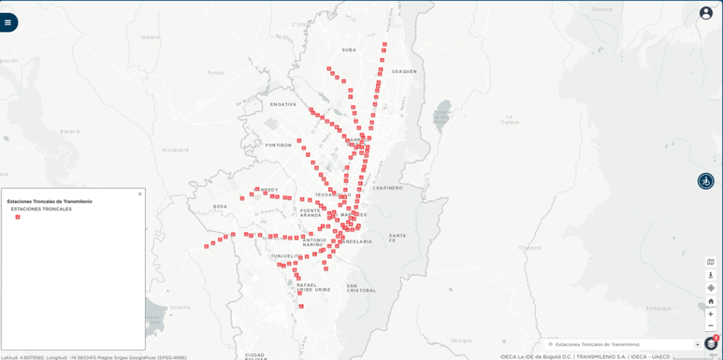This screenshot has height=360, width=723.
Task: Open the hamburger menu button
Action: coord(8,22)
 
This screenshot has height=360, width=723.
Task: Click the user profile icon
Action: coord(706,13)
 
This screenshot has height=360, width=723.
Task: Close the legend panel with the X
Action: coord(140,194)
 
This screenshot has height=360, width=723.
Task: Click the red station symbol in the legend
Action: coord(17,217)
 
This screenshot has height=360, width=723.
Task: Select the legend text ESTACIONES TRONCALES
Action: coord(41,209)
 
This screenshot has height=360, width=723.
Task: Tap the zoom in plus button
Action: coord(711,314)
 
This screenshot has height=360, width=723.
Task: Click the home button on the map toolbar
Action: coord(711,301)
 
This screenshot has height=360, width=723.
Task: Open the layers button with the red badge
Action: coord(711,344)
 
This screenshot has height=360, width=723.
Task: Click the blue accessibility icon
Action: coord(706,181)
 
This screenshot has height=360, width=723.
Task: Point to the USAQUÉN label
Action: coord(405,72)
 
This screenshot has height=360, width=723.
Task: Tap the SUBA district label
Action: coord(349,50)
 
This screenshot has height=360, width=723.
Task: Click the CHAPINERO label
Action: coord(388,187)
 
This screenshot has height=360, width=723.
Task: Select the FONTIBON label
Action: coord(278,145)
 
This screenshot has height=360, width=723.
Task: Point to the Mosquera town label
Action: coord(175,150)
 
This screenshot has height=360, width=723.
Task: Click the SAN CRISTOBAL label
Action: coord(361,288)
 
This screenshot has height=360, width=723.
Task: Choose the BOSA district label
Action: coord(220,207)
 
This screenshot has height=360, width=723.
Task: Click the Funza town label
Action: coord(215,73)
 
